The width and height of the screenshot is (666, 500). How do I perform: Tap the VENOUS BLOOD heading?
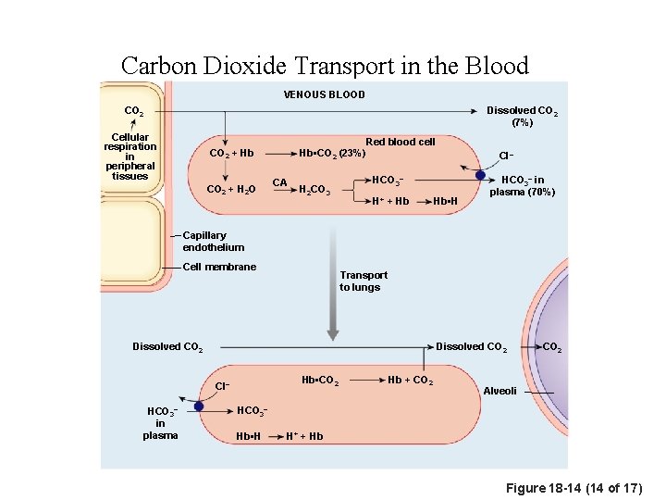click(x=324, y=94)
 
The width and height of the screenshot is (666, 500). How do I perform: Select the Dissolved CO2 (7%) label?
click(x=522, y=116)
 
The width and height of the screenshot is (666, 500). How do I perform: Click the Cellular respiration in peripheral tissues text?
click(x=129, y=156)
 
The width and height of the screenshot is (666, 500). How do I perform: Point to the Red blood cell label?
click(x=400, y=142)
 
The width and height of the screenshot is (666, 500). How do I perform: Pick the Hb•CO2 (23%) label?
click(x=331, y=153)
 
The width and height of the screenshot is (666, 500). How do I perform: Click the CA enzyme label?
click(x=279, y=182)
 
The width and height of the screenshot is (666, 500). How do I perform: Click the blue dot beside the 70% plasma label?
click(x=480, y=174)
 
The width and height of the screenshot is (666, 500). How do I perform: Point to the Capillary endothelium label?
click(x=213, y=242)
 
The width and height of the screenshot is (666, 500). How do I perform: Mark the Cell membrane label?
click(x=219, y=267)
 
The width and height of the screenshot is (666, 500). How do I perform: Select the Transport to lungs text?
click(x=364, y=281)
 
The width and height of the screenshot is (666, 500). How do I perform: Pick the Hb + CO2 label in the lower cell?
click(x=410, y=381)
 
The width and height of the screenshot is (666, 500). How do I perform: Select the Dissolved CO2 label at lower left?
click(x=167, y=348)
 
